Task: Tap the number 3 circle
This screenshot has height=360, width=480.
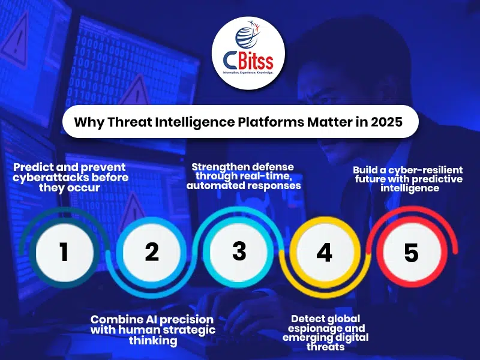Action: point(239,251)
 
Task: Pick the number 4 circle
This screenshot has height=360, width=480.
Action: point(324,253)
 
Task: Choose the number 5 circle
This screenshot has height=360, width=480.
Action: point(411,253)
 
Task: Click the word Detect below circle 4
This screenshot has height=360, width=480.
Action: point(308,319)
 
